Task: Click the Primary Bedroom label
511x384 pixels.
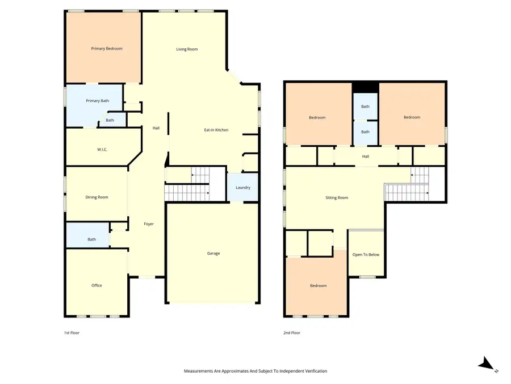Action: pyautogui.click(x=107, y=49)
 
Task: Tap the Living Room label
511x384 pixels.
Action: pyautogui.click(x=187, y=49)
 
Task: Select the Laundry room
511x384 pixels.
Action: pyautogui.click(x=243, y=187)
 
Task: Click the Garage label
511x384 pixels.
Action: pyautogui.click(x=213, y=253)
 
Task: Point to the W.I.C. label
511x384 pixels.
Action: pyautogui.click(x=102, y=150)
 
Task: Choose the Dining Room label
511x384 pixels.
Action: pyautogui.click(x=97, y=197)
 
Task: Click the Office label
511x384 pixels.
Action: pyautogui.click(x=97, y=285)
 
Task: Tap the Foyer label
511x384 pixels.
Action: pyautogui.click(x=149, y=224)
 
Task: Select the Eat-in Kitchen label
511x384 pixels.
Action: pyautogui.click(x=216, y=130)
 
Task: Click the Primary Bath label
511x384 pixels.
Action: pyautogui.click(x=97, y=101)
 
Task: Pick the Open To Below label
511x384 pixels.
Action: pyautogui.click(x=366, y=254)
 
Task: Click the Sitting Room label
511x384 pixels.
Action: pyautogui.click(x=337, y=197)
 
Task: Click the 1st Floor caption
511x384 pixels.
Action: pyautogui.click(x=72, y=333)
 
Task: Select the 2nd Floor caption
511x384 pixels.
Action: pyautogui.click(x=292, y=333)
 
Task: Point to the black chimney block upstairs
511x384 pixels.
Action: pyautogui.click(x=365, y=87)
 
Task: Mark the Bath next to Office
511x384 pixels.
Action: pyautogui.click(x=92, y=240)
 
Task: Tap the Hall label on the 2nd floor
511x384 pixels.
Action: pyautogui.click(x=366, y=156)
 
